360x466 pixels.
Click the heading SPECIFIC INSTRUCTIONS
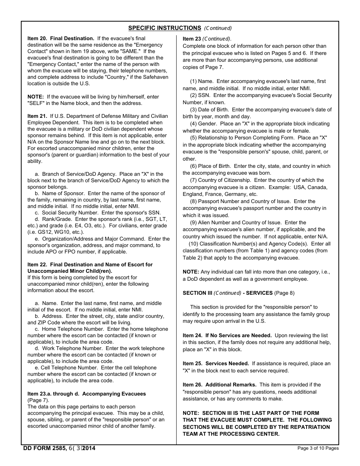(164, 28)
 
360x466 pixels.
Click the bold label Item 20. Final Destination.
(61, 38)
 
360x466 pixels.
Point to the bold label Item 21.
(37, 116)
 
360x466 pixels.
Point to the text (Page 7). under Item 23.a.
(38, 400)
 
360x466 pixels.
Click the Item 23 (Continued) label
(207, 39)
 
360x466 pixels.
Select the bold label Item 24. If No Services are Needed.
(227, 335)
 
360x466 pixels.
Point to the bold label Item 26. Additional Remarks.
(219, 385)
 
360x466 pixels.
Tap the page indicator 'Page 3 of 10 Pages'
(318, 448)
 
